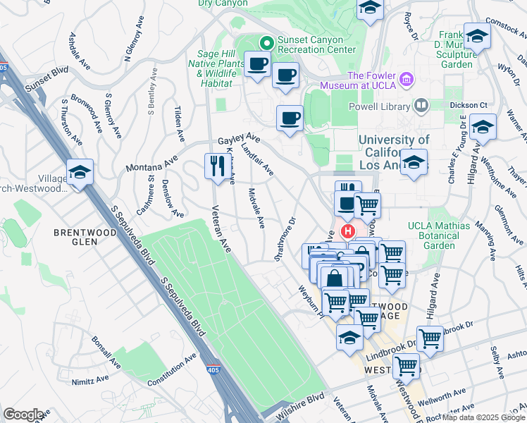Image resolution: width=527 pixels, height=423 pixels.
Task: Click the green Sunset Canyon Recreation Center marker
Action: click(x=266, y=42)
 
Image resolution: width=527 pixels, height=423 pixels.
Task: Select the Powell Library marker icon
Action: click(x=421, y=106)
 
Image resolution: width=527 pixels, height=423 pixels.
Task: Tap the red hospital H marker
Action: click(x=347, y=231)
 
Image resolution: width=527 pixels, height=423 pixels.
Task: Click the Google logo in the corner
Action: click(x=23, y=415)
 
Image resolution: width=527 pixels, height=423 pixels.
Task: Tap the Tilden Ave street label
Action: click(x=179, y=123)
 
